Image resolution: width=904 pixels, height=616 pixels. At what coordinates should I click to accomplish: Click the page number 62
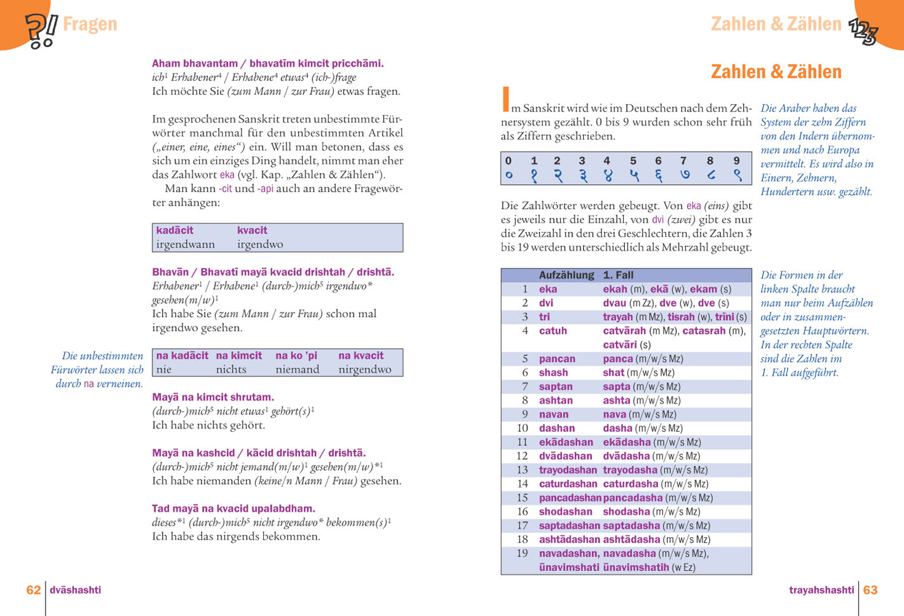click(33, 590)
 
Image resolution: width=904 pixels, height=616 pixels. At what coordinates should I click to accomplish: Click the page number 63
click(870, 590)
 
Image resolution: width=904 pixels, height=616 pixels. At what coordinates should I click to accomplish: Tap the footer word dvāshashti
click(75, 590)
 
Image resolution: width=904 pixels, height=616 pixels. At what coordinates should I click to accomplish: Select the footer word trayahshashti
click(821, 590)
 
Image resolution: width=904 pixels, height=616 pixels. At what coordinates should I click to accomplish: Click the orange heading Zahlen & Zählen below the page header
click(776, 72)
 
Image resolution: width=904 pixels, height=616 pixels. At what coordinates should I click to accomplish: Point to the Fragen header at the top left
click(89, 25)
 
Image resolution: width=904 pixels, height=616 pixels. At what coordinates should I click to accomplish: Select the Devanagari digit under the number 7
click(684, 175)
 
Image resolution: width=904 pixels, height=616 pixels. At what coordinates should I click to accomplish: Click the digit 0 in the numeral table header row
click(508, 161)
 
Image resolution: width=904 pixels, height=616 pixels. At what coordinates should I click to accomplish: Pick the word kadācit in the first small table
click(174, 230)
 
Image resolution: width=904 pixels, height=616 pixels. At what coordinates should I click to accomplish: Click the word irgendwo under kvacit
click(260, 245)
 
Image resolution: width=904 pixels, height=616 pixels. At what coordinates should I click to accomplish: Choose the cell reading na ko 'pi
click(296, 355)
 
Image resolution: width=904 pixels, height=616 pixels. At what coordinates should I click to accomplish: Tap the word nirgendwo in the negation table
click(365, 370)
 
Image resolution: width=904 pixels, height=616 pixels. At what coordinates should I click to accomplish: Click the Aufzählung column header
click(566, 275)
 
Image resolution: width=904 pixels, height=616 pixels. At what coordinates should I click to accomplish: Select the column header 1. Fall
click(618, 275)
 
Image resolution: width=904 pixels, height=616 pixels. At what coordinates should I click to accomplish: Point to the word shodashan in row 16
click(565, 512)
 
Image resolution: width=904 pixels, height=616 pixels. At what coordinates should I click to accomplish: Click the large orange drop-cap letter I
click(506, 100)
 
